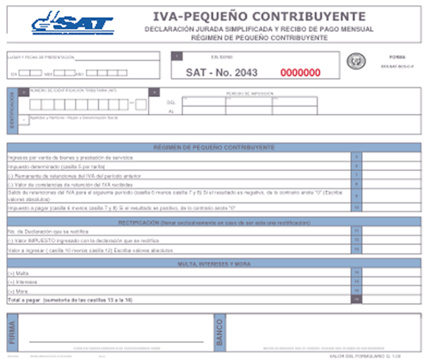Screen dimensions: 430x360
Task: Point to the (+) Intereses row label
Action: tap(21, 282)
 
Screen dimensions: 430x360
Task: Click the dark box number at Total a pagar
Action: tap(357, 300)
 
